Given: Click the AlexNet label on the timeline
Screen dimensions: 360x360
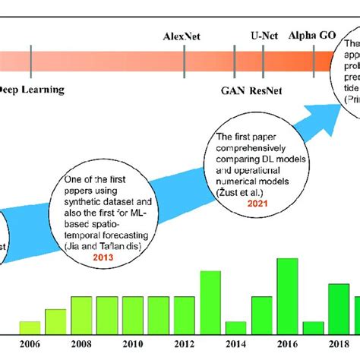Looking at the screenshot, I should pyautogui.click(x=185, y=36).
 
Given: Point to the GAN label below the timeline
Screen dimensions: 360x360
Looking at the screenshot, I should pyautogui.click(x=211, y=90).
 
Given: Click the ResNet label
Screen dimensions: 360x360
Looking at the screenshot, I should pyautogui.click(x=246, y=90).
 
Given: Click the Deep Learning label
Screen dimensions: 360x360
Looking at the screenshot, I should pyautogui.click(x=32, y=90).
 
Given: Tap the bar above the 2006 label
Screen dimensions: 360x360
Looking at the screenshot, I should pyautogui.click(x=30, y=327).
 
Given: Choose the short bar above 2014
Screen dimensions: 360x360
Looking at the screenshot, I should pyautogui.click(x=235, y=327).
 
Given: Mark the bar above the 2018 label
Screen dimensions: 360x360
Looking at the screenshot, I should pyautogui.click(x=338, y=308).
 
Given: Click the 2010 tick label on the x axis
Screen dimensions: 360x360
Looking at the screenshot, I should pyautogui.click(x=133, y=344).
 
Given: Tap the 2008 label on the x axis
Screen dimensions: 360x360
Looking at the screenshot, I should pyautogui.click(x=81, y=344).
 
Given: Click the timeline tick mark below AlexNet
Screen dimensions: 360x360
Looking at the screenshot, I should pyautogui.click(x=185, y=59).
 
